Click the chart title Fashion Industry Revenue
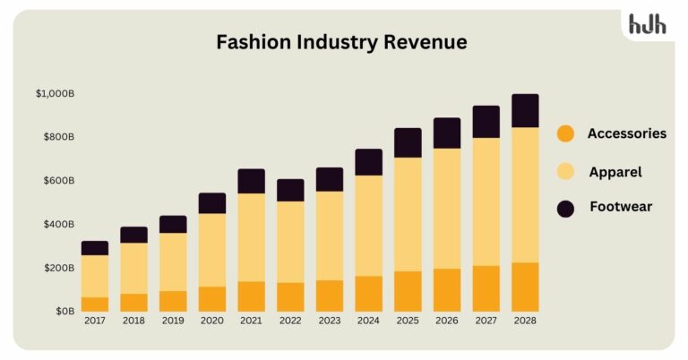341,42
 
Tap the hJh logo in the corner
647,25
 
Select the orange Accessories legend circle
565,133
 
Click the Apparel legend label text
615,171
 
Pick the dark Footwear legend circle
565,208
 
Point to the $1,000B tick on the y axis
55,93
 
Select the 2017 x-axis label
94,320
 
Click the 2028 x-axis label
525,320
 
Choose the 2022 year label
289,320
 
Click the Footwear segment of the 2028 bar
525,110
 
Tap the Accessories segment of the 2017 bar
94,304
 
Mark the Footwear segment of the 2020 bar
211,203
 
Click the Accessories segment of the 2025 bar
408,291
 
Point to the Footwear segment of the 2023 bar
329,179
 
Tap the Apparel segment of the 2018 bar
133,268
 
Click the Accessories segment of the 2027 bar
486,288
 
